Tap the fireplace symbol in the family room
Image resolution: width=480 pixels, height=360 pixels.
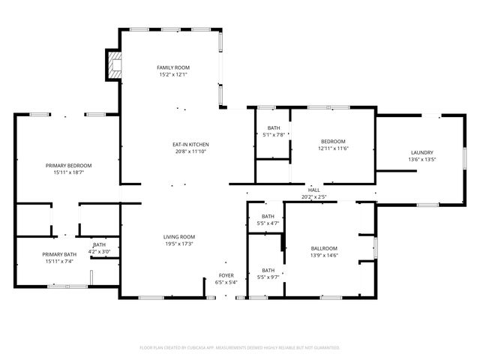113,65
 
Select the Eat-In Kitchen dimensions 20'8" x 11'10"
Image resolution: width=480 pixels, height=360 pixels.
190,151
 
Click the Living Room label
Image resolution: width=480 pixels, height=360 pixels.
179,237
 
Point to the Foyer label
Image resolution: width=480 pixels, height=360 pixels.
226,275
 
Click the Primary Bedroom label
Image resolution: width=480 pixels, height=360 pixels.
68,165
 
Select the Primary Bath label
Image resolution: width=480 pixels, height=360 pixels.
58,254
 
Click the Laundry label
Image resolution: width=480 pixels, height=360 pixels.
421,152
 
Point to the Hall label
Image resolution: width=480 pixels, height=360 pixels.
313,190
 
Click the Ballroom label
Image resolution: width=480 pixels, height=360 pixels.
324,248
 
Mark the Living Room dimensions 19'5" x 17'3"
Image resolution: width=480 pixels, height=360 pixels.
179,244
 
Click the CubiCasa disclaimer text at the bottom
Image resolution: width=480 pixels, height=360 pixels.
240,347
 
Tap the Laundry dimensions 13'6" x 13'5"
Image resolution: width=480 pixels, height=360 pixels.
421,159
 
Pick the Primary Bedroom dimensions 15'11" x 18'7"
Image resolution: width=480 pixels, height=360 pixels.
68,172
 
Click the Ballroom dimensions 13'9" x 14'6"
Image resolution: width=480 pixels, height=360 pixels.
324,256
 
